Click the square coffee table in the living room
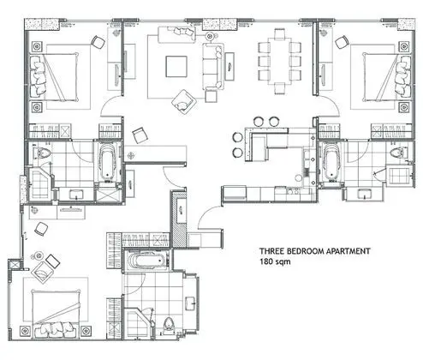pyautogui.click(x=176, y=66)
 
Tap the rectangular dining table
pyautogui.click(x=279, y=62)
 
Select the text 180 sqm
pyautogui.click(x=275, y=261)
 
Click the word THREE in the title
pyautogui.click(x=271, y=251)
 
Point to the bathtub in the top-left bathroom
pyautogui.click(x=108, y=163)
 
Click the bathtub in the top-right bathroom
pyautogui.click(x=331, y=163)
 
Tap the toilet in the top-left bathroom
pyautogui.click(x=42, y=152)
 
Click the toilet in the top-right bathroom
pyautogui.click(x=399, y=153)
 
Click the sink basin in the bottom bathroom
pyautogui.click(x=190, y=303)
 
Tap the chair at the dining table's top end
pyautogui.click(x=279, y=33)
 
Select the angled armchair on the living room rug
pyautogui.click(x=184, y=102)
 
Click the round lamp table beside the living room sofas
pyautogui.click(x=210, y=36)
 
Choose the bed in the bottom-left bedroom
pyautogui.click(x=56, y=315)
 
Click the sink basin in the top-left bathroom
pyautogui.click(x=76, y=195)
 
